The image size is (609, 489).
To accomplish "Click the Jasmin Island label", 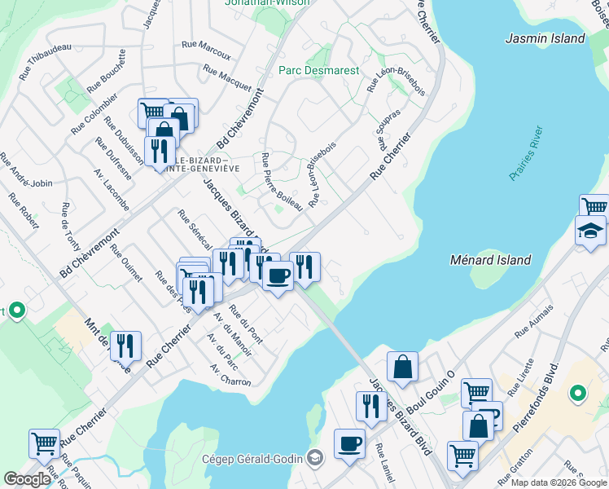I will (545, 38).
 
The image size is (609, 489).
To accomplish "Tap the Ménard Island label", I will (490, 260).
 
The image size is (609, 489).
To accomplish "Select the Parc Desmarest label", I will (318, 71).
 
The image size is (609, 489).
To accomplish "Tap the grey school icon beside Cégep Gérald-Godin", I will (314, 459).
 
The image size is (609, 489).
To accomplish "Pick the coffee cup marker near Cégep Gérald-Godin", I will (350, 443).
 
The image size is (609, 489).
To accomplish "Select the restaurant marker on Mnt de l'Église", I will (125, 345).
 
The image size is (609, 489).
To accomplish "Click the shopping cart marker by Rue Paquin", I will (44, 444).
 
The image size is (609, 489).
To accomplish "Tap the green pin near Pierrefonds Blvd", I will (578, 394).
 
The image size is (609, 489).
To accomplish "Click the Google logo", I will (27, 478).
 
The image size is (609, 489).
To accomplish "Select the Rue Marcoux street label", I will (207, 51).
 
